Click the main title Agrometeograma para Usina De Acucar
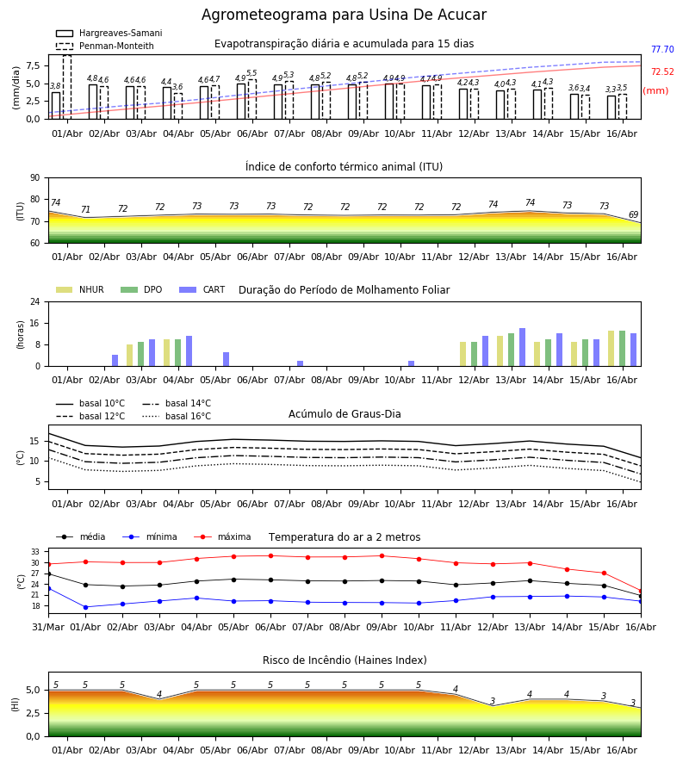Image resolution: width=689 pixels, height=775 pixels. (344, 15)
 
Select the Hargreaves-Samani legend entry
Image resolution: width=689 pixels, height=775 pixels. (109, 33)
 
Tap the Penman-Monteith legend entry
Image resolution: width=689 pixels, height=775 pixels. (105, 46)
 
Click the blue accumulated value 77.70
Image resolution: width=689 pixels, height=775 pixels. (662, 49)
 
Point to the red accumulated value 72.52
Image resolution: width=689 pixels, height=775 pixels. (662, 71)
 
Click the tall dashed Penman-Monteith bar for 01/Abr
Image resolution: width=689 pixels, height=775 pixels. (67, 87)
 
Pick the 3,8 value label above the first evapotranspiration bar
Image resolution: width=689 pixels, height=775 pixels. (55, 86)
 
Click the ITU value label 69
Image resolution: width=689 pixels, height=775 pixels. (633, 214)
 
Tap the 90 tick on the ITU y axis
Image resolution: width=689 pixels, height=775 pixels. (35, 178)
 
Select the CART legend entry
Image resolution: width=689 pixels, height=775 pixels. (202, 289)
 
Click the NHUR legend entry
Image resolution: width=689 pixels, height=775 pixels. (80, 289)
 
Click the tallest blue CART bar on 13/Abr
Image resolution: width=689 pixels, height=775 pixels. (523, 347)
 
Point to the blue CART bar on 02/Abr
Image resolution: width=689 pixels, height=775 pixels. (115, 360)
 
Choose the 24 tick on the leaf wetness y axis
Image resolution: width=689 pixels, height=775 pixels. (35, 301)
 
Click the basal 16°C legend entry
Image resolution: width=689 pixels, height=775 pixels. (177, 416)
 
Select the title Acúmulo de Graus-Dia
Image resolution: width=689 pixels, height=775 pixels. (344, 414)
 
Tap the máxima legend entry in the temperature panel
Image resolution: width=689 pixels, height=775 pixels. (222, 536)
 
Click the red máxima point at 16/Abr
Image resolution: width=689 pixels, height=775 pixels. (641, 591)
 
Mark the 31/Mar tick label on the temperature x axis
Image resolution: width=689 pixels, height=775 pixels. (48, 627)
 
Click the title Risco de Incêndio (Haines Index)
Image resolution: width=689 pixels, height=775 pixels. (344, 660)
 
